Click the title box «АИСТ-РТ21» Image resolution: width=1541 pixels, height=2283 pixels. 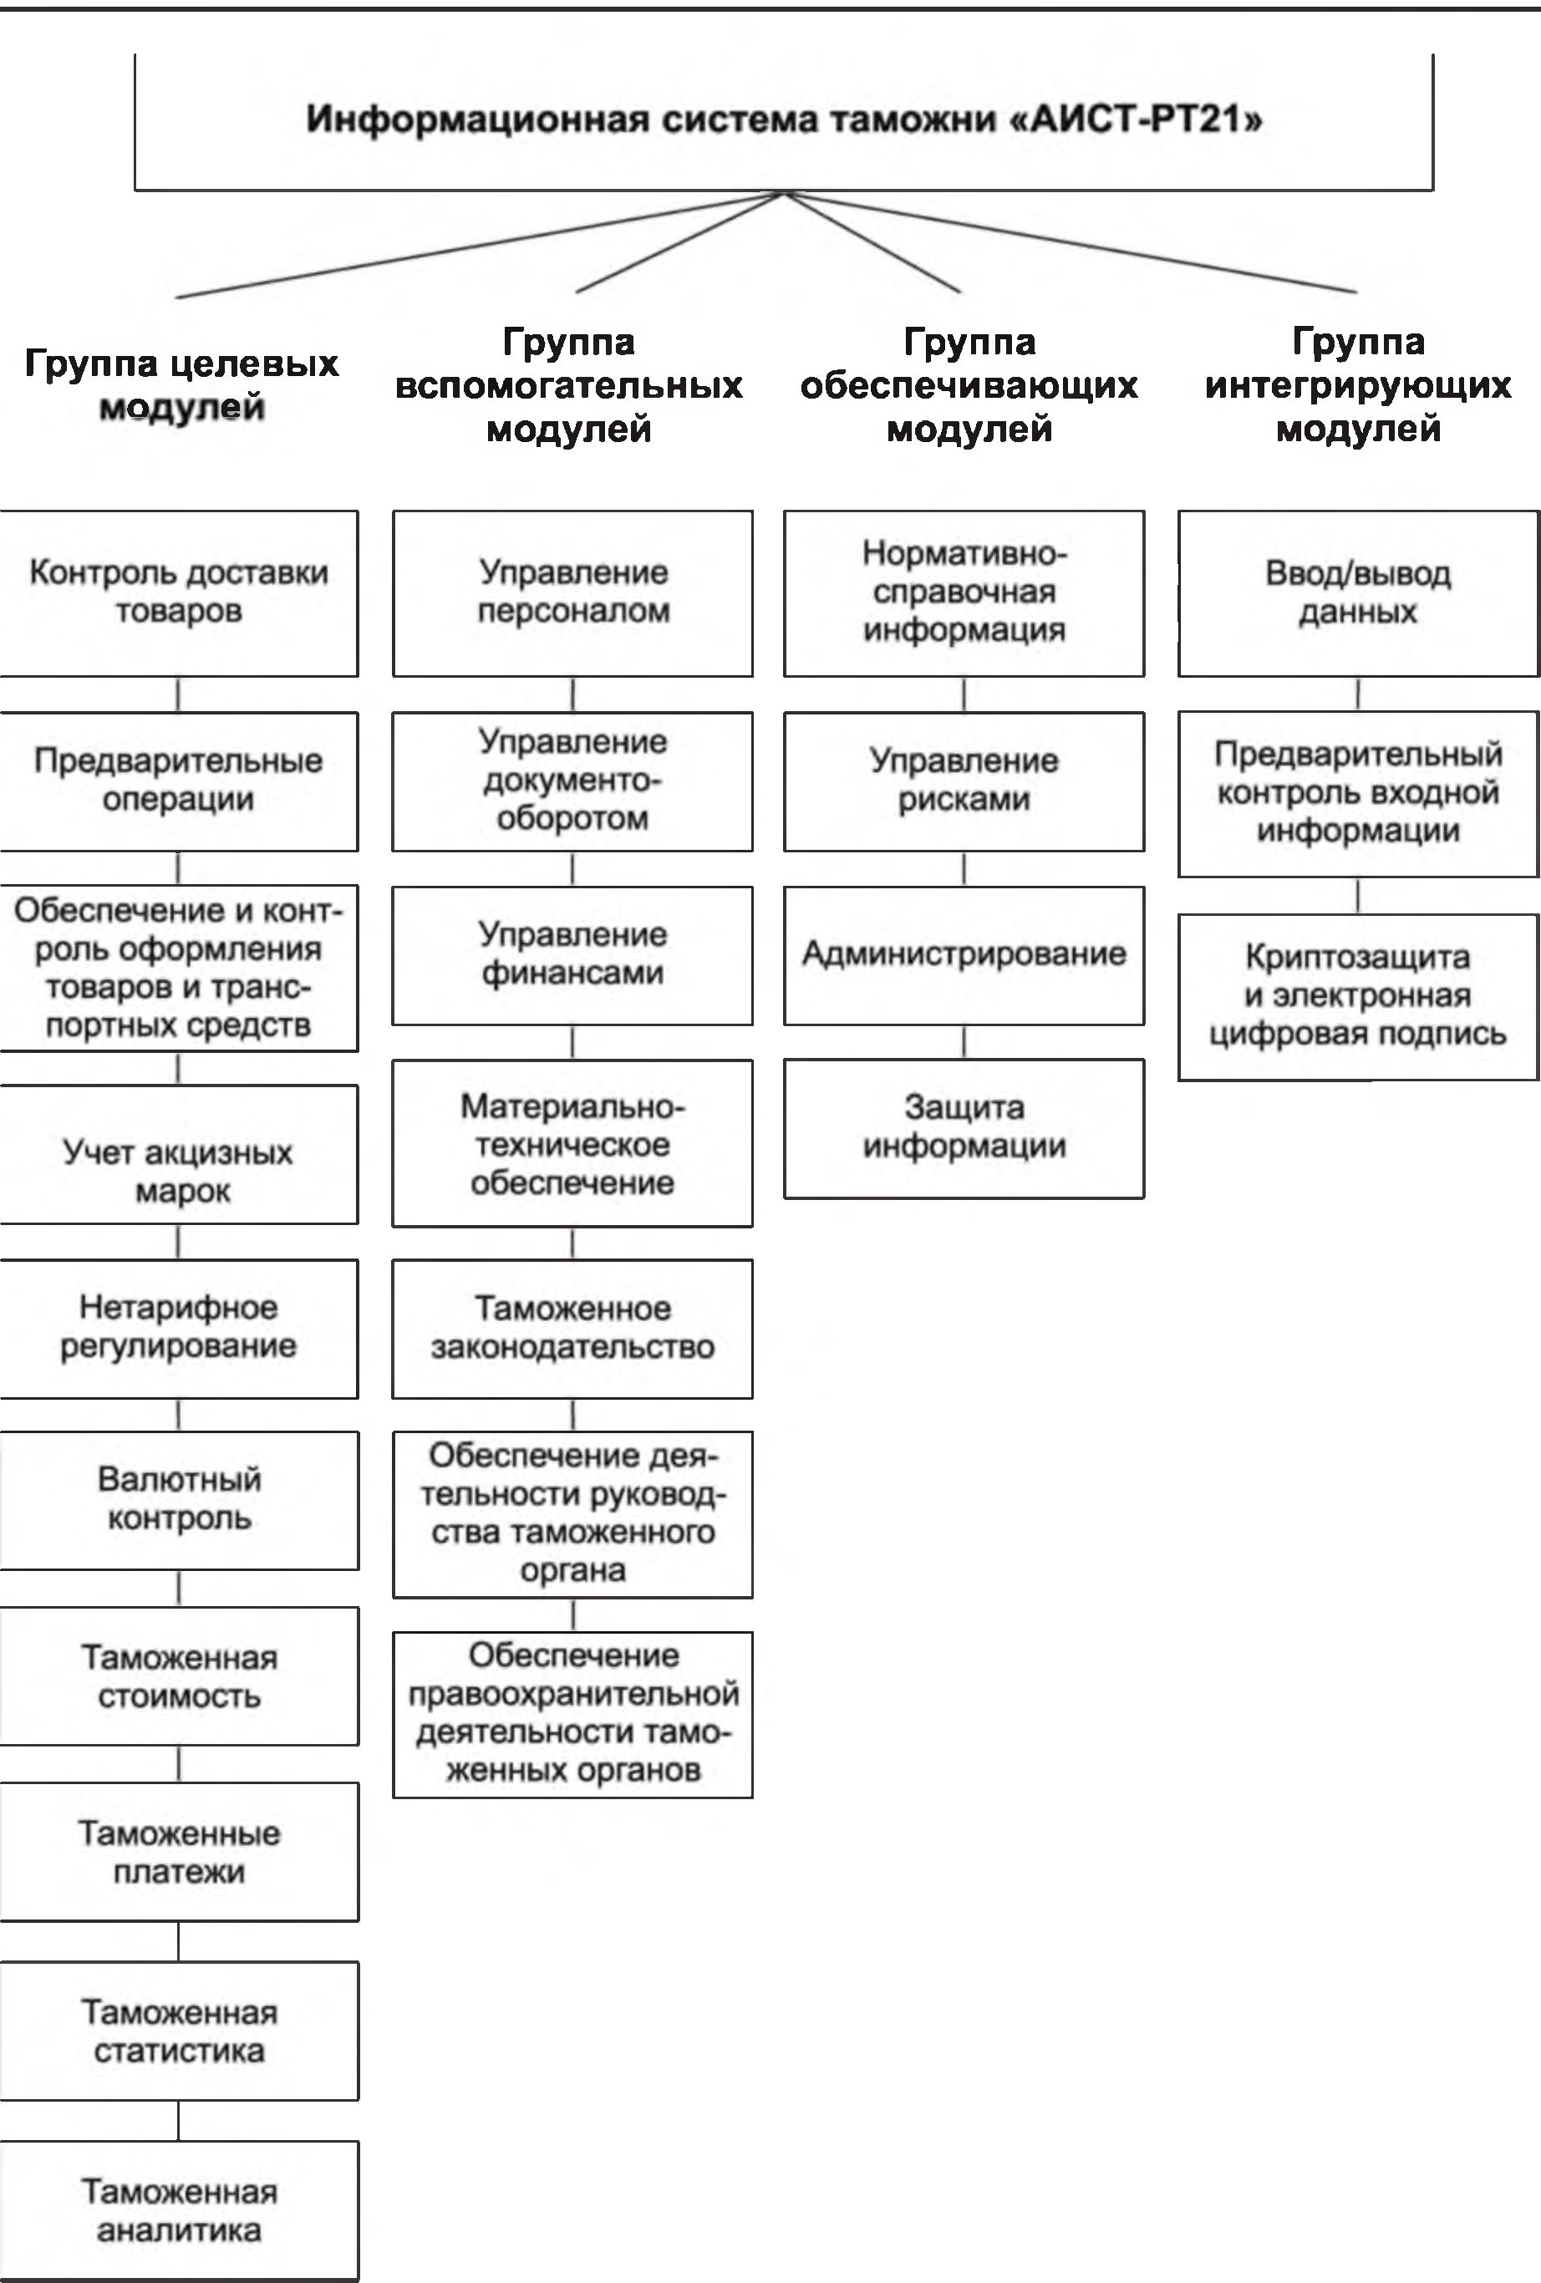point(783,121)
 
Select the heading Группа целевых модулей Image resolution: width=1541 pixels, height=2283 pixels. point(181,385)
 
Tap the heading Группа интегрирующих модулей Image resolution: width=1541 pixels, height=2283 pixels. point(1357,385)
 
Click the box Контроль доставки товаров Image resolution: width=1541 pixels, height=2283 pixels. point(179,592)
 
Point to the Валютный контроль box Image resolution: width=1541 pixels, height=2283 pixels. point(179,1499)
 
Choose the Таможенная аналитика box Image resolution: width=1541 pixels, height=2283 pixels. point(179,2210)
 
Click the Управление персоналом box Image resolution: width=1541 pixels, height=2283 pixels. point(572,592)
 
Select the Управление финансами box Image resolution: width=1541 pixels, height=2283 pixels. point(572,955)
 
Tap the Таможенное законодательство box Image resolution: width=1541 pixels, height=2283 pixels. point(572,1328)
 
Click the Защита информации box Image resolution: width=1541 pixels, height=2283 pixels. point(964,1128)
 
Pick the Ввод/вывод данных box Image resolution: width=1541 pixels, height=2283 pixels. point(1357,592)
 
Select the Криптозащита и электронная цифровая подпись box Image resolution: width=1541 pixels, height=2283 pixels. point(1357,996)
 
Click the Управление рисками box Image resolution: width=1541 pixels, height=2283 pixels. point(964,781)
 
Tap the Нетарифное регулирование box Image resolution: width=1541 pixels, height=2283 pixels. point(179,1328)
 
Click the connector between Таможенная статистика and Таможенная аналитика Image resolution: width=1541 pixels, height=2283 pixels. point(179,2120)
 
